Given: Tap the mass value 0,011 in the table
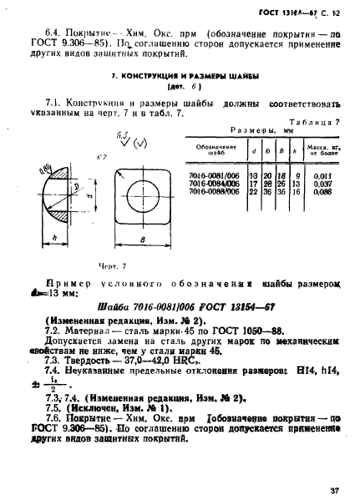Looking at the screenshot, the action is [320, 175].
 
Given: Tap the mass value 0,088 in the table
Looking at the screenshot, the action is [320, 190].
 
